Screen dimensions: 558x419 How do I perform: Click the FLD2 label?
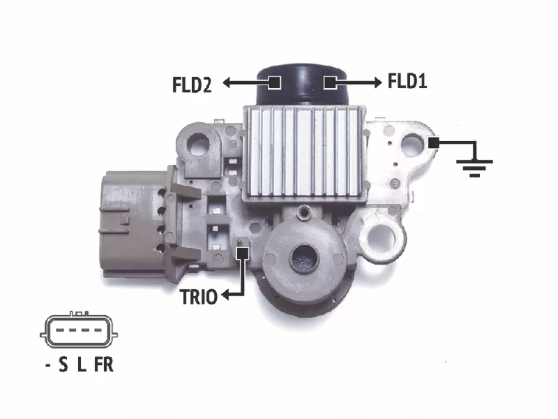click(x=192, y=84)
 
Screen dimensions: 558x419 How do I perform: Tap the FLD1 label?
click(x=407, y=81)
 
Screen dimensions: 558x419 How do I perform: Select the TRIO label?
click(x=199, y=297)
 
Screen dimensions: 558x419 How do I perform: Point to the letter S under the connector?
click(x=63, y=365)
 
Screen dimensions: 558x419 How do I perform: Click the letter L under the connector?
click(x=82, y=365)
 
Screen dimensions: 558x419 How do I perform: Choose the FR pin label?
click(x=104, y=365)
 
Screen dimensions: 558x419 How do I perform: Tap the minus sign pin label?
click(x=48, y=365)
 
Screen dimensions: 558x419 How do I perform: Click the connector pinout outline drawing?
click(x=79, y=330)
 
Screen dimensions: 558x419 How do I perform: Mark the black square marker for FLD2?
click(x=274, y=82)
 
